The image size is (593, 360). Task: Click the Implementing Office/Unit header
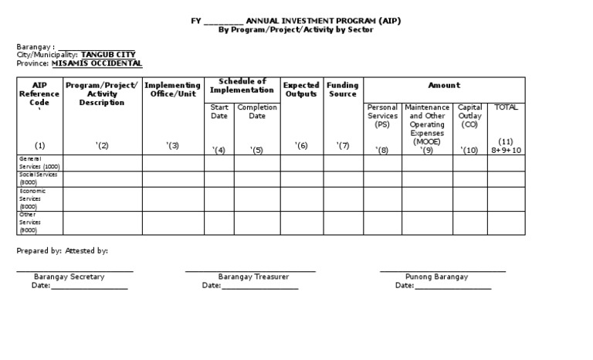[173, 90]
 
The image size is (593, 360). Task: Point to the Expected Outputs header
[301, 90]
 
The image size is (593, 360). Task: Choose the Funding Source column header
[342, 90]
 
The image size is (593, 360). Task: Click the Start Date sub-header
[219, 111]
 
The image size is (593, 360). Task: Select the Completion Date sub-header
[257, 111]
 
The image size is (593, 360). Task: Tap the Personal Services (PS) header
[382, 116]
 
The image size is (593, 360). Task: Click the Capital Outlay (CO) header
[469, 116]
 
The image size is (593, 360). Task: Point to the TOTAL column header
[506, 107]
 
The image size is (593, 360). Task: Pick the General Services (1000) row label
[39, 162]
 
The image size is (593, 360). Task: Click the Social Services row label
[39, 178]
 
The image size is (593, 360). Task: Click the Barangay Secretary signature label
[69, 276]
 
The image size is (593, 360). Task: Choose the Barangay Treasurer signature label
[253, 276]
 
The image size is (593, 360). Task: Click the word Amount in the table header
[444, 85]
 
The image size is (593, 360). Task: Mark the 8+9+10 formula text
[507, 150]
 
